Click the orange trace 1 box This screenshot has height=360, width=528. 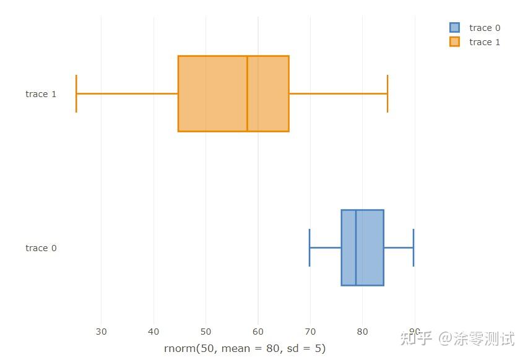point(210,93)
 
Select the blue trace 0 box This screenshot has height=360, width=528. point(370,247)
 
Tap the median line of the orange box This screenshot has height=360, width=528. point(247,93)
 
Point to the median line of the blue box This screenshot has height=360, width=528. point(356,247)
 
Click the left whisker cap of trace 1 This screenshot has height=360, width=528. point(76,93)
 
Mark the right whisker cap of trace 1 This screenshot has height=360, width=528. point(387,93)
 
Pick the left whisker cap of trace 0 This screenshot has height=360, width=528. point(309,247)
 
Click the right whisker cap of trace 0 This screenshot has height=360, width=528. point(413,247)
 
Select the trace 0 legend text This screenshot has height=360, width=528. point(485,28)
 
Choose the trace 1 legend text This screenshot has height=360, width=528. point(485,42)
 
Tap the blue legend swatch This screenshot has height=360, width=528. point(455,28)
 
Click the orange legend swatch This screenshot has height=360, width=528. point(455,42)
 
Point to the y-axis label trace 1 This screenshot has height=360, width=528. point(41,94)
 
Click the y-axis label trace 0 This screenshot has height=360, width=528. point(41,248)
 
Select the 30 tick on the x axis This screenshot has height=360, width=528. point(101,332)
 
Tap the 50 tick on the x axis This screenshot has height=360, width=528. point(206,332)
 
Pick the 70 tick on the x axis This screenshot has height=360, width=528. point(310,332)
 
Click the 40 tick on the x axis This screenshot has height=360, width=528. point(154,332)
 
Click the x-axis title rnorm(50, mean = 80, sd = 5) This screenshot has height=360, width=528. point(245,348)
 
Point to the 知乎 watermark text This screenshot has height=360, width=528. point(416,338)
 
